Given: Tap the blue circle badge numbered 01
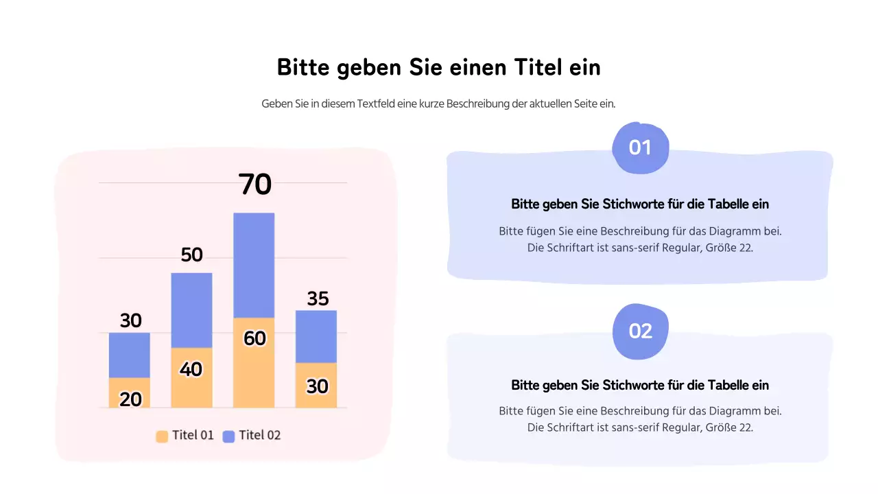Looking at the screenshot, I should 640,148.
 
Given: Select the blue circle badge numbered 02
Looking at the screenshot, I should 640,331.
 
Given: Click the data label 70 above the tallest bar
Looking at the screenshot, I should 255,185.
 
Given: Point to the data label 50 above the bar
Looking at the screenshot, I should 192,255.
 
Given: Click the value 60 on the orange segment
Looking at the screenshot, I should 254,338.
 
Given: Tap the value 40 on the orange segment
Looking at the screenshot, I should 191,369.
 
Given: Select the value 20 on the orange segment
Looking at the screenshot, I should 130,399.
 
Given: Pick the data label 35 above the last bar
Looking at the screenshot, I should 318,299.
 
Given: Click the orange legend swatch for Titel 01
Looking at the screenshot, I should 162,436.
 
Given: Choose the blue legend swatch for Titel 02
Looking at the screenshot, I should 228,436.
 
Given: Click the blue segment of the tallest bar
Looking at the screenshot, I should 254,264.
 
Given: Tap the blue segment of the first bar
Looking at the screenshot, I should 129,355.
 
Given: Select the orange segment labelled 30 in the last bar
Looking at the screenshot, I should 316,386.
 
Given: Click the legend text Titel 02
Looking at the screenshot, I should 260,435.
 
